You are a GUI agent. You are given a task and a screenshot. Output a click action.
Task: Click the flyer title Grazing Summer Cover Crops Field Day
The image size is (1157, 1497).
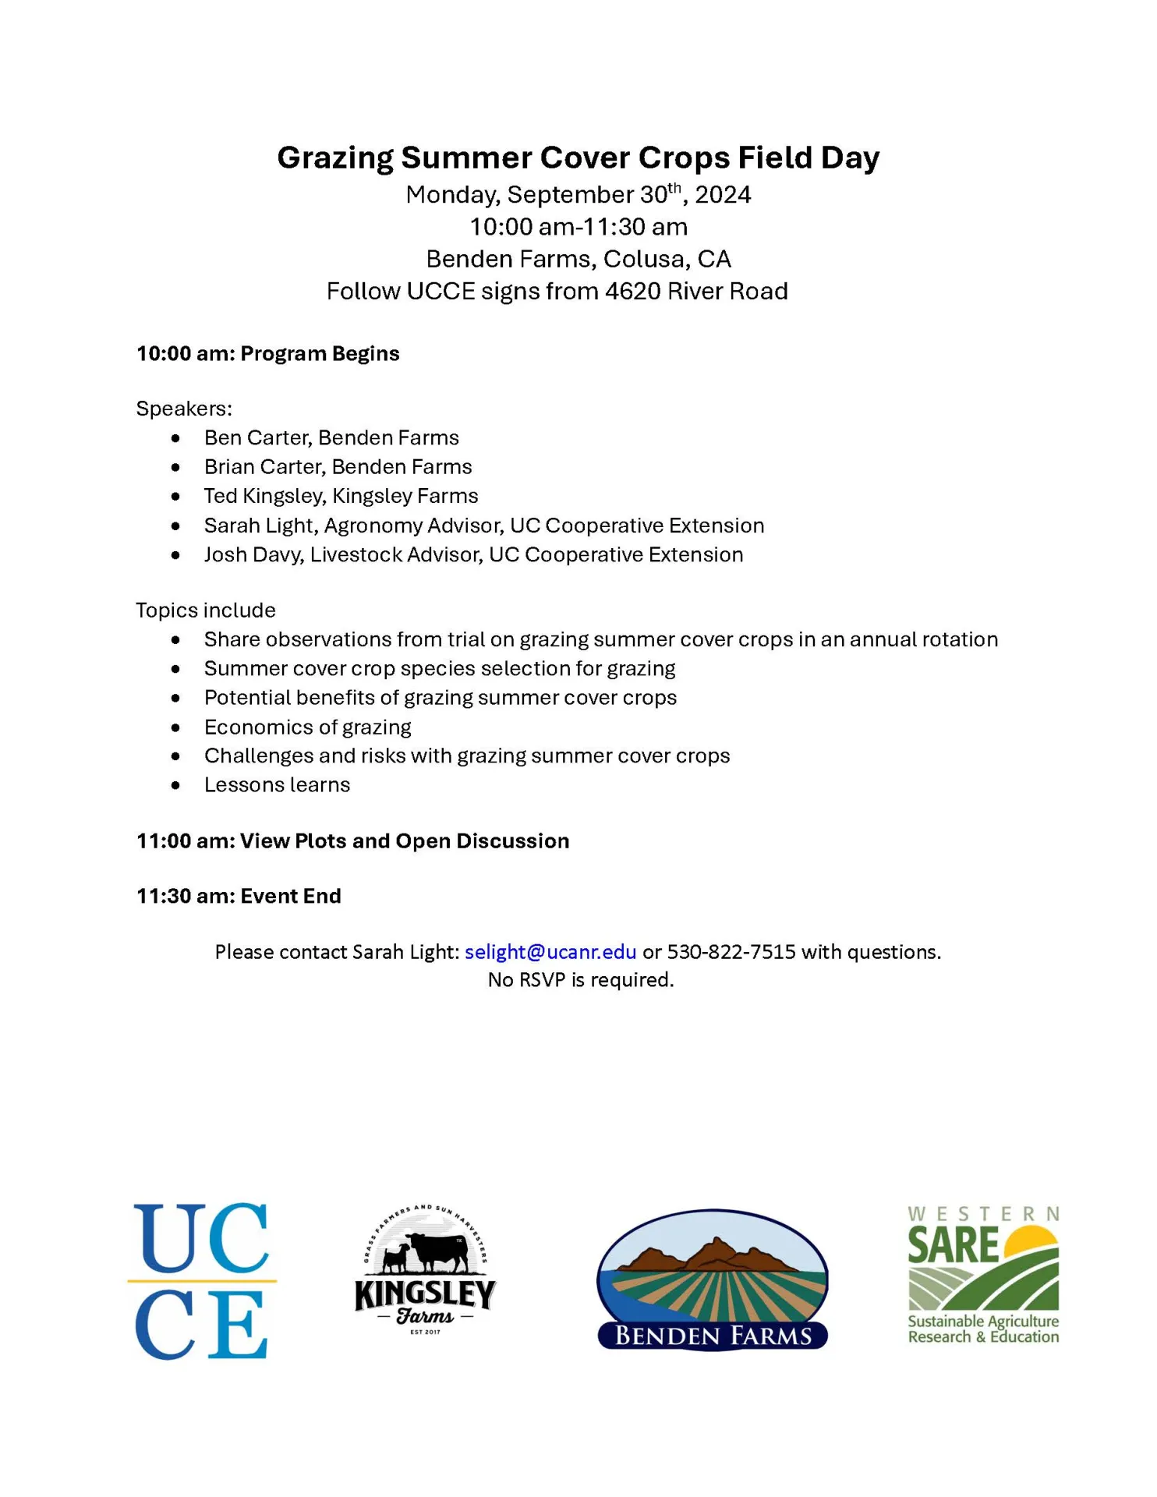(x=578, y=157)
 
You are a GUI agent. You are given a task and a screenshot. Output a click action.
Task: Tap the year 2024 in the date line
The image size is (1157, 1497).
(x=723, y=195)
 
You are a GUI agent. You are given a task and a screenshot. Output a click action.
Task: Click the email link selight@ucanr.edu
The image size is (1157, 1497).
(x=550, y=952)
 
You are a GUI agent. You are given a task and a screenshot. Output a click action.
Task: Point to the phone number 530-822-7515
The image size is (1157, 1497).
(x=731, y=952)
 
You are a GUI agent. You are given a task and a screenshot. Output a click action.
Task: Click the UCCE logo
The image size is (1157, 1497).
(x=202, y=1281)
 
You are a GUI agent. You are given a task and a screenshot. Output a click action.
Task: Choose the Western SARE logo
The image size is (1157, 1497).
(x=983, y=1276)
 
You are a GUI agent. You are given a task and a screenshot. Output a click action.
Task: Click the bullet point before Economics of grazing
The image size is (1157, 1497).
(x=176, y=727)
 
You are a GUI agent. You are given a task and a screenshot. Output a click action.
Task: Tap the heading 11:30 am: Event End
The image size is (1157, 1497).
(x=239, y=896)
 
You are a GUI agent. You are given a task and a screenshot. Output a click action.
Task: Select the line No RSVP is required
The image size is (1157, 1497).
(x=580, y=980)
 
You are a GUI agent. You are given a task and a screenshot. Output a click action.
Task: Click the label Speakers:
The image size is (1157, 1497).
(x=184, y=409)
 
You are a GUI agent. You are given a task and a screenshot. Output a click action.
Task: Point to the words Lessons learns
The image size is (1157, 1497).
(x=277, y=785)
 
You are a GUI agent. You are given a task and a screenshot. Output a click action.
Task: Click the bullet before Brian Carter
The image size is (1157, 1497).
(x=176, y=467)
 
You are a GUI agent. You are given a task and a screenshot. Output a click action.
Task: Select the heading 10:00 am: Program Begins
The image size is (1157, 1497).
(x=267, y=354)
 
